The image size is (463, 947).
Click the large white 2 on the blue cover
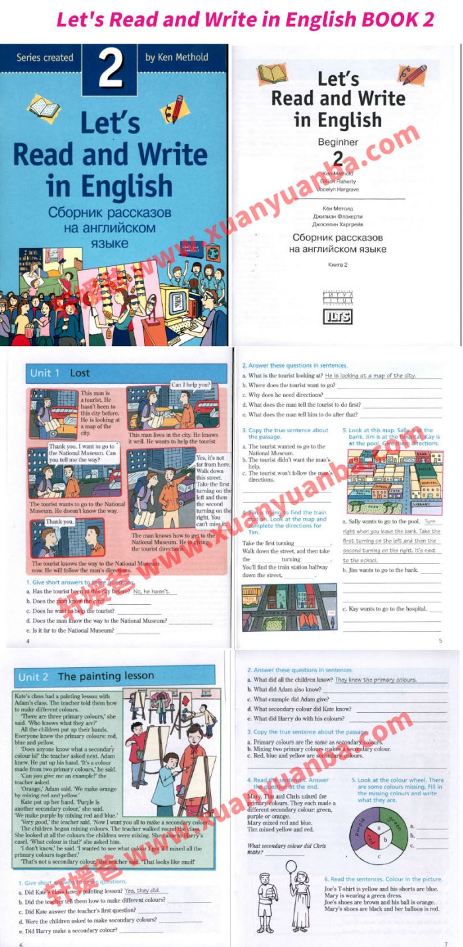pyautogui.click(x=110, y=68)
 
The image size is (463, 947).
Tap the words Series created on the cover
pyautogui.click(x=45, y=58)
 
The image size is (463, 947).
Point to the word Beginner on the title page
pyautogui.click(x=337, y=142)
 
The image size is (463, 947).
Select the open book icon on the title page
pyautogui.click(x=272, y=73)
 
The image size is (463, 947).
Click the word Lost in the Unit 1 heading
pyautogui.click(x=79, y=373)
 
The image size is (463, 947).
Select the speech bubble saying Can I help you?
pyautogui.click(x=190, y=384)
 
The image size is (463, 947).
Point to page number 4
pyautogui.click(x=27, y=641)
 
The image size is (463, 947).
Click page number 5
pyautogui.click(x=440, y=641)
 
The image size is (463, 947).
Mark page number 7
pyautogui.click(x=445, y=943)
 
